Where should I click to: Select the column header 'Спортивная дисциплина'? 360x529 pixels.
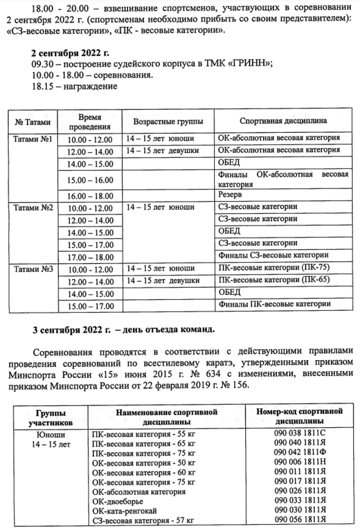(283, 122)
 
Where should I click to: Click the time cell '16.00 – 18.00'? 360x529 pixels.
(90, 196)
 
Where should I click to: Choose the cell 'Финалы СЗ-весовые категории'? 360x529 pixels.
(273, 255)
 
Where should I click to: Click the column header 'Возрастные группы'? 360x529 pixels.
(168, 122)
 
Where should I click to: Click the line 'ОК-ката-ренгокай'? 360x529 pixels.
(124, 511)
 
